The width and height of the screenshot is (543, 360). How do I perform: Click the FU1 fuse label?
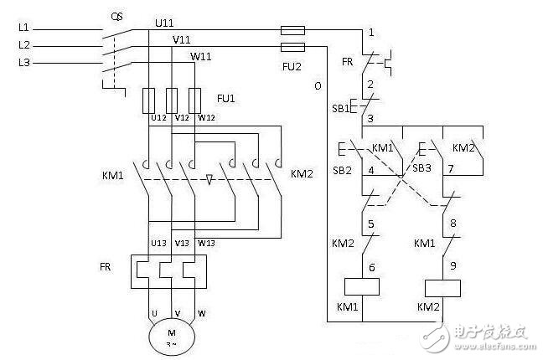click(227, 98)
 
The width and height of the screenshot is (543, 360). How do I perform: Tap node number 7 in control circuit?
click(451, 170)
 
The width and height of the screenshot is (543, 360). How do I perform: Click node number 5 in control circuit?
click(370, 224)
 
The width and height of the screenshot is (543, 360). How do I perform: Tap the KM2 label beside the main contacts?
click(302, 175)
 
